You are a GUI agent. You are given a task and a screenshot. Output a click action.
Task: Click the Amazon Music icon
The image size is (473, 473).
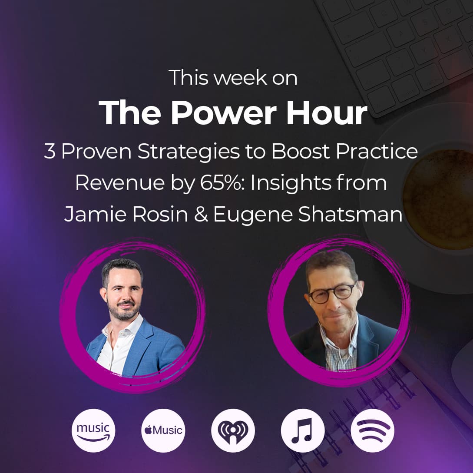(93, 430)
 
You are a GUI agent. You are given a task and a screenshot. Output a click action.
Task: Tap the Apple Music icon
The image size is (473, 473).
(163, 430)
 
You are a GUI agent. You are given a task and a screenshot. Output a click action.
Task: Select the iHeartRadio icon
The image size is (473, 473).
(233, 430)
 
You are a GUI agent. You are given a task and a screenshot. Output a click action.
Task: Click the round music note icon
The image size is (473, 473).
(302, 430)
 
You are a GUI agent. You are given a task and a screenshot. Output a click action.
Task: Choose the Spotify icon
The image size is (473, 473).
(372, 430)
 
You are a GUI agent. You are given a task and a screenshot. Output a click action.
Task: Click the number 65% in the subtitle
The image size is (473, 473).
(221, 183)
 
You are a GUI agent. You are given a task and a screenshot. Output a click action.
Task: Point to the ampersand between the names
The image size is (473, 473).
(201, 215)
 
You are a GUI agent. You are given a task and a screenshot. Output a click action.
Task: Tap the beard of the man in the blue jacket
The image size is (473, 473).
(122, 312)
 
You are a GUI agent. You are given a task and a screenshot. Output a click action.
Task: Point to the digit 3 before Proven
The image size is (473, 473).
(50, 152)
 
